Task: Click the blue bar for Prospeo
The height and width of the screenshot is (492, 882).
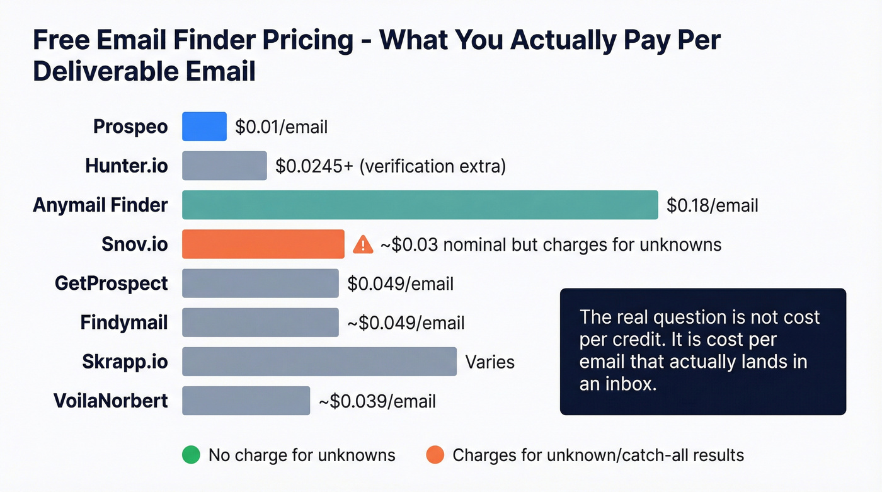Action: [x=204, y=127]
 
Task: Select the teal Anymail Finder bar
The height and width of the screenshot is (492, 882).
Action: [x=420, y=205]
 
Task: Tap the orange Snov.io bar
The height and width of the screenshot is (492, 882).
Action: [x=263, y=244]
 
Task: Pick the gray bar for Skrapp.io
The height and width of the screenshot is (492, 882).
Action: [x=319, y=362]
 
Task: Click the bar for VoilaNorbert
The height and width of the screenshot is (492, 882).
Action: [x=246, y=401]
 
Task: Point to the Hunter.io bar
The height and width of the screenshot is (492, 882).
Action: [x=224, y=166]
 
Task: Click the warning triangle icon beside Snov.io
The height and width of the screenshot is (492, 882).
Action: [x=363, y=244]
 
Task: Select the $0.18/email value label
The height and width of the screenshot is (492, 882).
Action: [x=712, y=205]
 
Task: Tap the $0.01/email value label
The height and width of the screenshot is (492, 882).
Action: [x=281, y=127]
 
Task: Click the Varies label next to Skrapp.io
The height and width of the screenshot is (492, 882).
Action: [x=490, y=362]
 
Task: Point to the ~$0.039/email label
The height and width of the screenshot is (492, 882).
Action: [x=377, y=401]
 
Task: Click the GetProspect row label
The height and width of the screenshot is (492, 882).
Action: [x=112, y=283]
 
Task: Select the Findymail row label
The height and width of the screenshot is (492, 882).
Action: [x=124, y=323]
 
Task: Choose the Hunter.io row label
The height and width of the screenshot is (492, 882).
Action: [x=127, y=166]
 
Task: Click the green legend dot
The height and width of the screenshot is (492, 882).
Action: [x=190, y=455]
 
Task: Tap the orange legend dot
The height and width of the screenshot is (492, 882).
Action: [x=435, y=455]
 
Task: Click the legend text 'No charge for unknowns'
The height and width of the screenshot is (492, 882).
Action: [x=302, y=455]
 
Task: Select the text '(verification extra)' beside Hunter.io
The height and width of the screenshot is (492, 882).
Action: [x=435, y=166]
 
